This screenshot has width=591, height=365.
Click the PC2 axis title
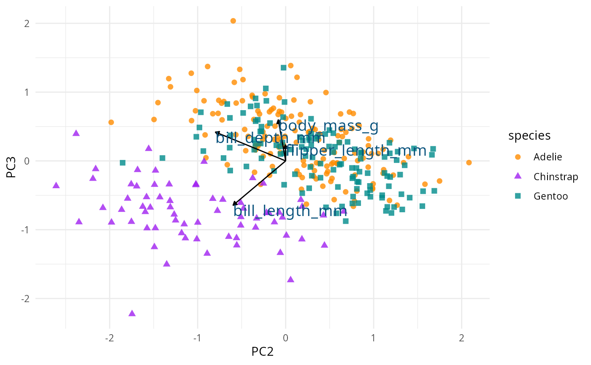(263, 351)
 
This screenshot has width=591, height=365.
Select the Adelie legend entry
(548, 157)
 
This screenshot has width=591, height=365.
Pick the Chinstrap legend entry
(556, 176)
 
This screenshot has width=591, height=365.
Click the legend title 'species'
(529, 135)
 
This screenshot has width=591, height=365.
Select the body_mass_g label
(328, 126)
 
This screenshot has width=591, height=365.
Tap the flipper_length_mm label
(357, 151)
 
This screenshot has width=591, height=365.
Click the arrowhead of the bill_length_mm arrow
(233, 205)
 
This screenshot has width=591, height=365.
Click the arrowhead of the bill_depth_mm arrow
(216, 132)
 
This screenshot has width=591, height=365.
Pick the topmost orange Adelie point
(233, 21)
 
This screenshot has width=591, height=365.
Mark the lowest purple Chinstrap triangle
(132, 314)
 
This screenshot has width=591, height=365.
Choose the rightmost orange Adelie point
(469, 162)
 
